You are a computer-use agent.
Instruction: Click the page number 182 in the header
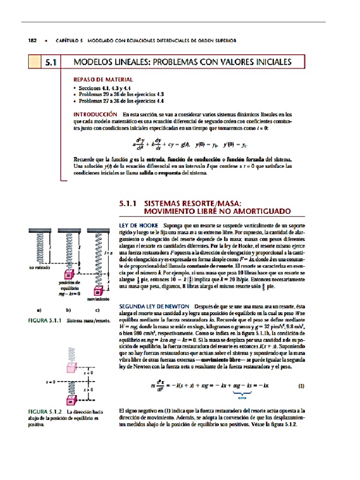coord(33,41)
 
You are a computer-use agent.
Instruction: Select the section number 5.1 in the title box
coord(52,62)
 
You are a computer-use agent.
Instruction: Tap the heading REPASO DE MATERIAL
coord(103,80)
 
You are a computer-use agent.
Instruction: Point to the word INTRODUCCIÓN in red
coord(95,114)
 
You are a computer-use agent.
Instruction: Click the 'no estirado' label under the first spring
coord(39,268)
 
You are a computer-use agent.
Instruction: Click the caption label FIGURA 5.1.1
coord(45,321)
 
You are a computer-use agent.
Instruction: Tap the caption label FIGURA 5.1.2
coord(45,411)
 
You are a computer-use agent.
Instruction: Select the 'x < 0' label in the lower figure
coord(88,373)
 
